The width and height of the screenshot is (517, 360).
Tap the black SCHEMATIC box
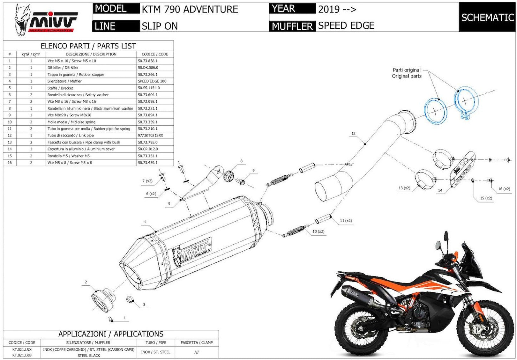click(487, 17)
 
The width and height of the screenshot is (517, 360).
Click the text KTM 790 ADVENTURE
click(190, 9)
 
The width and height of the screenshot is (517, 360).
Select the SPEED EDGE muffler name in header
click(346, 26)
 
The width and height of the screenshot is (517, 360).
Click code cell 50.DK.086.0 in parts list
click(148, 68)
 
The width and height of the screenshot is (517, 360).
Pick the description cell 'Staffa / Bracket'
click(60, 88)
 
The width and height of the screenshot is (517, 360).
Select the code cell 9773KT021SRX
click(151, 136)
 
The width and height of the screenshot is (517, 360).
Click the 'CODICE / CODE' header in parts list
click(155, 54)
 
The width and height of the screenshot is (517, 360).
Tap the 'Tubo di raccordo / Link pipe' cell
click(71, 136)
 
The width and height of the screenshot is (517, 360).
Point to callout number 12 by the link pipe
click(353, 134)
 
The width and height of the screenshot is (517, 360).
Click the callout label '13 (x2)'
click(404, 188)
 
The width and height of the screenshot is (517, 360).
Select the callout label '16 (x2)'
click(504, 189)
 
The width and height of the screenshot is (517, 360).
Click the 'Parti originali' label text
click(407, 70)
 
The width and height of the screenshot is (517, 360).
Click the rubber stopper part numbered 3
click(130, 299)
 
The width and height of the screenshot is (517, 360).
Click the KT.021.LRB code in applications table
click(22, 355)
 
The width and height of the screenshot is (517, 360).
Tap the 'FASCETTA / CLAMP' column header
click(197, 342)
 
